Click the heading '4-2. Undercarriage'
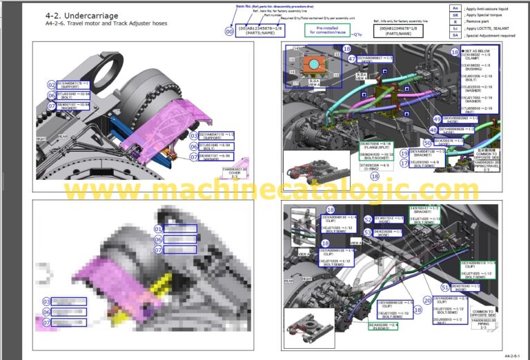click(81, 15)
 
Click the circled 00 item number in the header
click(230, 31)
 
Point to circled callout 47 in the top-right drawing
click(352, 59)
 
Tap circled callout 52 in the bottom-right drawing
click(368, 232)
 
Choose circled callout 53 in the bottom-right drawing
click(368, 219)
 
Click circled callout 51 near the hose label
click(444, 286)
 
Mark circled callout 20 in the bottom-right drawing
click(428, 300)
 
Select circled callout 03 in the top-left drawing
click(194, 135)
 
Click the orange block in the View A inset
click(315, 65)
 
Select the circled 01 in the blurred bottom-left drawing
click(158, 228)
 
